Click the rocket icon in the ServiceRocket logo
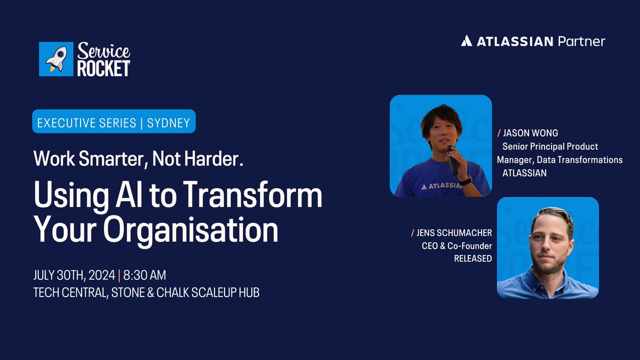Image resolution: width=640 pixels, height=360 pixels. (x=56, y=59)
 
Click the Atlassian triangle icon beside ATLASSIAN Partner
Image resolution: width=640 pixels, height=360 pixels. (x=466, y=41)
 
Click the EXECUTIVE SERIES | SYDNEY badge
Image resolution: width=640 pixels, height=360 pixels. (x=114, y=122)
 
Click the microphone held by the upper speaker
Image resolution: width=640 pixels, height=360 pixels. (x=452, y=159)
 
